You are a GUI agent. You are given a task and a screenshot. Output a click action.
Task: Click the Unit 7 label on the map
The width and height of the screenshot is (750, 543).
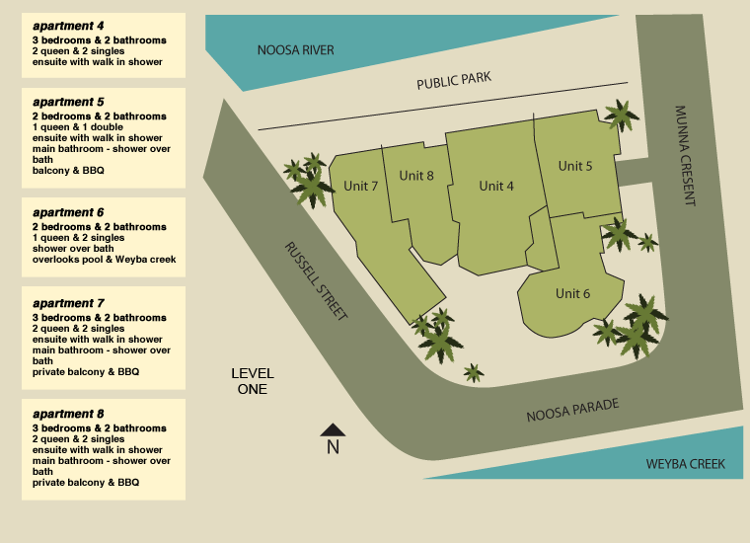click(x=361, y=187)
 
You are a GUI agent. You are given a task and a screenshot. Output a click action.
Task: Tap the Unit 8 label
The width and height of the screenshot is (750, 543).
click(x=416, y=176)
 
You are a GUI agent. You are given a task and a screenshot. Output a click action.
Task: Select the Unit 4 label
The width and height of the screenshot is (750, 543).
click(x=496, y=186)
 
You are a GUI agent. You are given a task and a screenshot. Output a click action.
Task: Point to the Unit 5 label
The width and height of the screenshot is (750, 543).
click(x=575, y=166)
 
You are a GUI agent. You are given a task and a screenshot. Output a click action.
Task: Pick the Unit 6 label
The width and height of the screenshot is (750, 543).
click(x=572, y=293)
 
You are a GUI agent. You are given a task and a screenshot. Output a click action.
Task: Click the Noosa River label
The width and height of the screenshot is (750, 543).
click(x=295, y=50)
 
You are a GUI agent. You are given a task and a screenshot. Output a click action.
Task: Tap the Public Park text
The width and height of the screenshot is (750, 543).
click(x=453, y=80)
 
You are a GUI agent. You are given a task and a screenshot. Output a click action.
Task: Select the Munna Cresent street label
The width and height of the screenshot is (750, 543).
click(x=686, y=155)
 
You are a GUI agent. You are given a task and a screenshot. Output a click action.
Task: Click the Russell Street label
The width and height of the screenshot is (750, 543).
click(x=316, y=281)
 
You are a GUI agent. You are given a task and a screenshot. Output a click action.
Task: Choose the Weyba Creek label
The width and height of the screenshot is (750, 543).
click(x=685, y=464)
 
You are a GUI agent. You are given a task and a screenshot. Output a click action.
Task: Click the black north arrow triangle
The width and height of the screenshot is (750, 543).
click(x=333, y=429)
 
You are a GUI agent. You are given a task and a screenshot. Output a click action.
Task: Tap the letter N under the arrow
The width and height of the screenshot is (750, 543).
click(x=333, y=447)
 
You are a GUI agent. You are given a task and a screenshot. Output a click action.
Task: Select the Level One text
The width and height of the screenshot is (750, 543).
click(x=253, y=381)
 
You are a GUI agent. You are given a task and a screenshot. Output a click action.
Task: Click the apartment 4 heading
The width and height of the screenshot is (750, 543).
click(x=68, y=25)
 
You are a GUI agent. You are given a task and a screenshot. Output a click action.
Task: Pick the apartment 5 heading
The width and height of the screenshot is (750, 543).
click(x=68, y=102)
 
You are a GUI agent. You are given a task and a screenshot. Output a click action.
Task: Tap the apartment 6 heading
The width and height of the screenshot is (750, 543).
click(x=68, y=212)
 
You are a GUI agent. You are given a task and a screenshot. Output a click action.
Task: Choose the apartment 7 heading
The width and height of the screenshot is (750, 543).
click(x=68, y=303)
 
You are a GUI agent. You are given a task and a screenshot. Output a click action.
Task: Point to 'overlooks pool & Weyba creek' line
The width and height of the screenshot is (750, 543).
click(x=104, y=260)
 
